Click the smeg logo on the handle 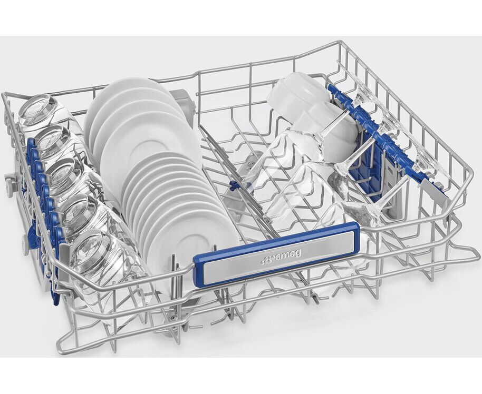[x=281, y=258]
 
